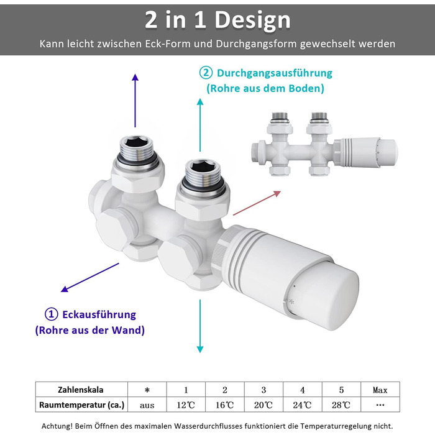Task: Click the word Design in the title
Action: pyautogui.click(x=252, y=21)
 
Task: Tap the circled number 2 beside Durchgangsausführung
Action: pyautogui.click(x=206, y=73)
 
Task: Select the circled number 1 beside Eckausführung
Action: pyautogui.click(x=52, y=314)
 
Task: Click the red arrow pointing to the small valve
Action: pyautogui.click(x=257, y=203)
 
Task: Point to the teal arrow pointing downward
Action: pyautogui.click(x=200, y=326)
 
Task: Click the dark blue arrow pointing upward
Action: pyautogui.click(x=135, y=101)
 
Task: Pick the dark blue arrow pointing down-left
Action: pyautogui.click(x=90, y=277)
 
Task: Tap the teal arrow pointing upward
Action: pyautogui.click(x=200, y=125)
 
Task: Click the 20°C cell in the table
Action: pyautogui.click(x=263, y=405)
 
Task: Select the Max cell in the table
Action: pyautogui.click(x=380, y=390)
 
